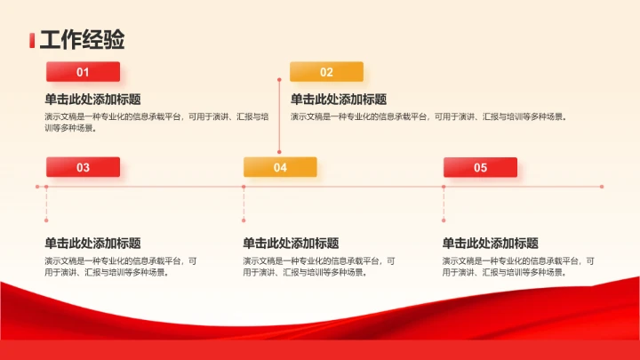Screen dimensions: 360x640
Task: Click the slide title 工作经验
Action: tap(82, 40)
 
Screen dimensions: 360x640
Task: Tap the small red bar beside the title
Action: tap(32, 40)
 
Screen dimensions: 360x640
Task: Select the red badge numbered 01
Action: tap(83, 72)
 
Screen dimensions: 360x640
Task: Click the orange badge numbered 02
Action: tap(326, 72)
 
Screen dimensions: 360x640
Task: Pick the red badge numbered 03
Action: tap(83, 167)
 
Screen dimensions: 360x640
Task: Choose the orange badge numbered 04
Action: tap(280, 167)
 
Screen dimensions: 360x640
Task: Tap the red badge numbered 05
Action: tap(480, 167)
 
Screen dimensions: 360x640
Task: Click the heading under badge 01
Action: tap(92, 100)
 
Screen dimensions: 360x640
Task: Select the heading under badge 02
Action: tap(339, 100)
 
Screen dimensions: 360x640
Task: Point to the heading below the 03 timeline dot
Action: tap(92, 243)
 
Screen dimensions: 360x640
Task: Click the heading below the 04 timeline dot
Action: tap(291, 243)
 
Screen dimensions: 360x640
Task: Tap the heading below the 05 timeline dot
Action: tap(490, 243)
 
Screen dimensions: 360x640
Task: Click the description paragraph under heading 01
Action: tap(156, 122)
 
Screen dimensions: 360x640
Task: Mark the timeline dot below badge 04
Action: tap(244, 187)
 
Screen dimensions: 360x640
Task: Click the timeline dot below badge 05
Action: tap(444, 187)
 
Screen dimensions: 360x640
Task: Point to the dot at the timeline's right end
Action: tap(602, 187)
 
